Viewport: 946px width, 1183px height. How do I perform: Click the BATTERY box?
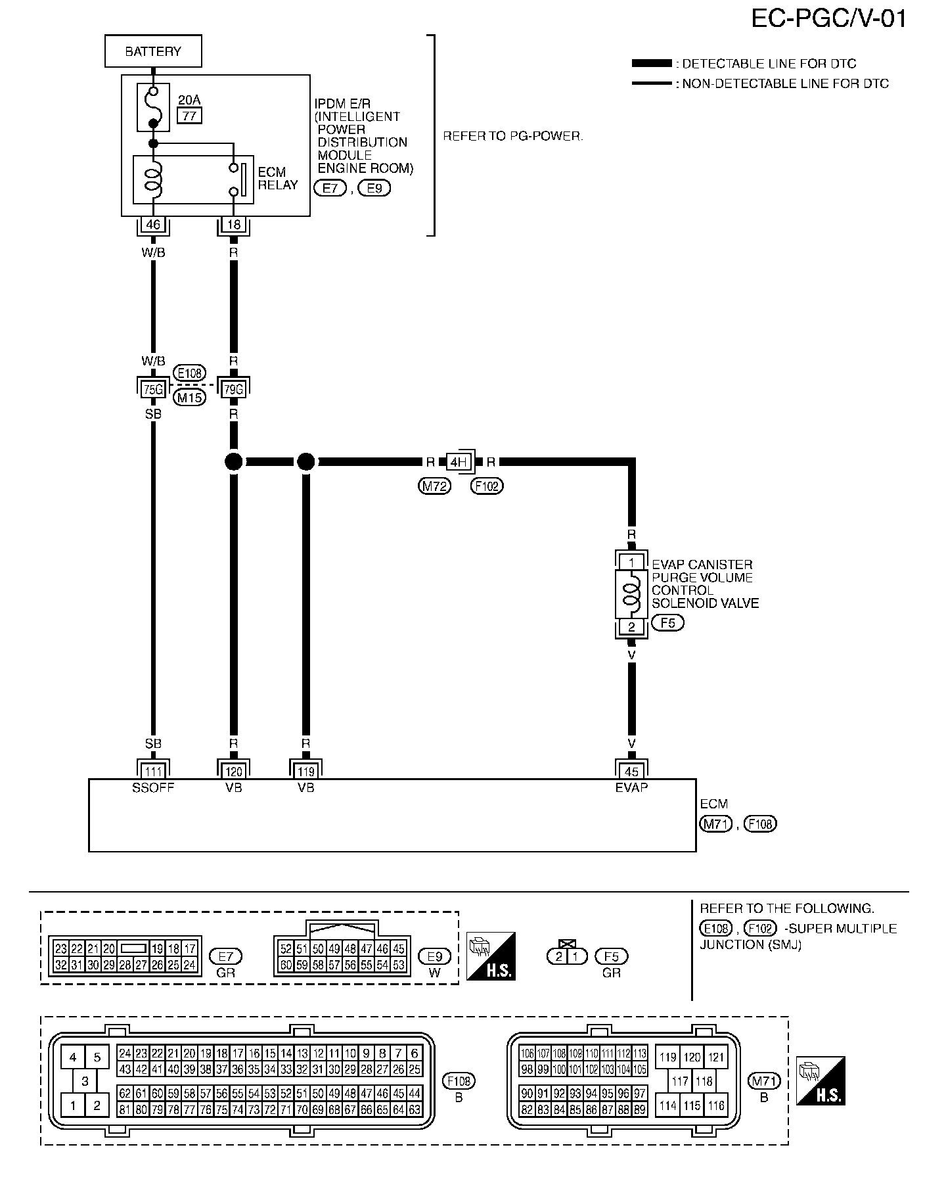[x=153, y=51]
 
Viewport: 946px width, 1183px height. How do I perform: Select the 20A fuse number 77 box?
[x=189, y=116]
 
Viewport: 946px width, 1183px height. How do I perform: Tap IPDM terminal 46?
[x=153, y=225]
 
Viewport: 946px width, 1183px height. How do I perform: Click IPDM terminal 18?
[x=234, y=225]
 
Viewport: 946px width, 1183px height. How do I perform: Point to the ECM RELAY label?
[x=277, y=178]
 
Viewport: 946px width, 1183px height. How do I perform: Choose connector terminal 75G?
[x=153, y=389]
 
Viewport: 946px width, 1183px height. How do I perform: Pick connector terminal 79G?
[x=234, y=389]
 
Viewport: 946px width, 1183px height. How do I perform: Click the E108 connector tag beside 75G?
[x=189, y=373]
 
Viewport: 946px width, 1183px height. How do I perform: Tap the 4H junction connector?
[x=459, y=462]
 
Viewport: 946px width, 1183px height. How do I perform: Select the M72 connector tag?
[x=435, y=486]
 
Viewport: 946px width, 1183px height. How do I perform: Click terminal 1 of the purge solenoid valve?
[x=631, y=563]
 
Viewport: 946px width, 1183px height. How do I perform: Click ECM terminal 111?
[x=153, y=772]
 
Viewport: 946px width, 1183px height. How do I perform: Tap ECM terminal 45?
[x=631, y=772]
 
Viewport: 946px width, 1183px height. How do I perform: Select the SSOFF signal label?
[x=153, y=787]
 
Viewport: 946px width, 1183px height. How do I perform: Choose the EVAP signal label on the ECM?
[x=631, y=787]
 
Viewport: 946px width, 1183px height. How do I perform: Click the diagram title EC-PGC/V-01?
[x=828, y=18]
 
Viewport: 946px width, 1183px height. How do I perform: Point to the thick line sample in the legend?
[x=652, y=64]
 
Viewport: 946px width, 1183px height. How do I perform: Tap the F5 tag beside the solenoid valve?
[x=667, y=622]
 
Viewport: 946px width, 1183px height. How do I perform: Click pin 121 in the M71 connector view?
[x=716, y=1057]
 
